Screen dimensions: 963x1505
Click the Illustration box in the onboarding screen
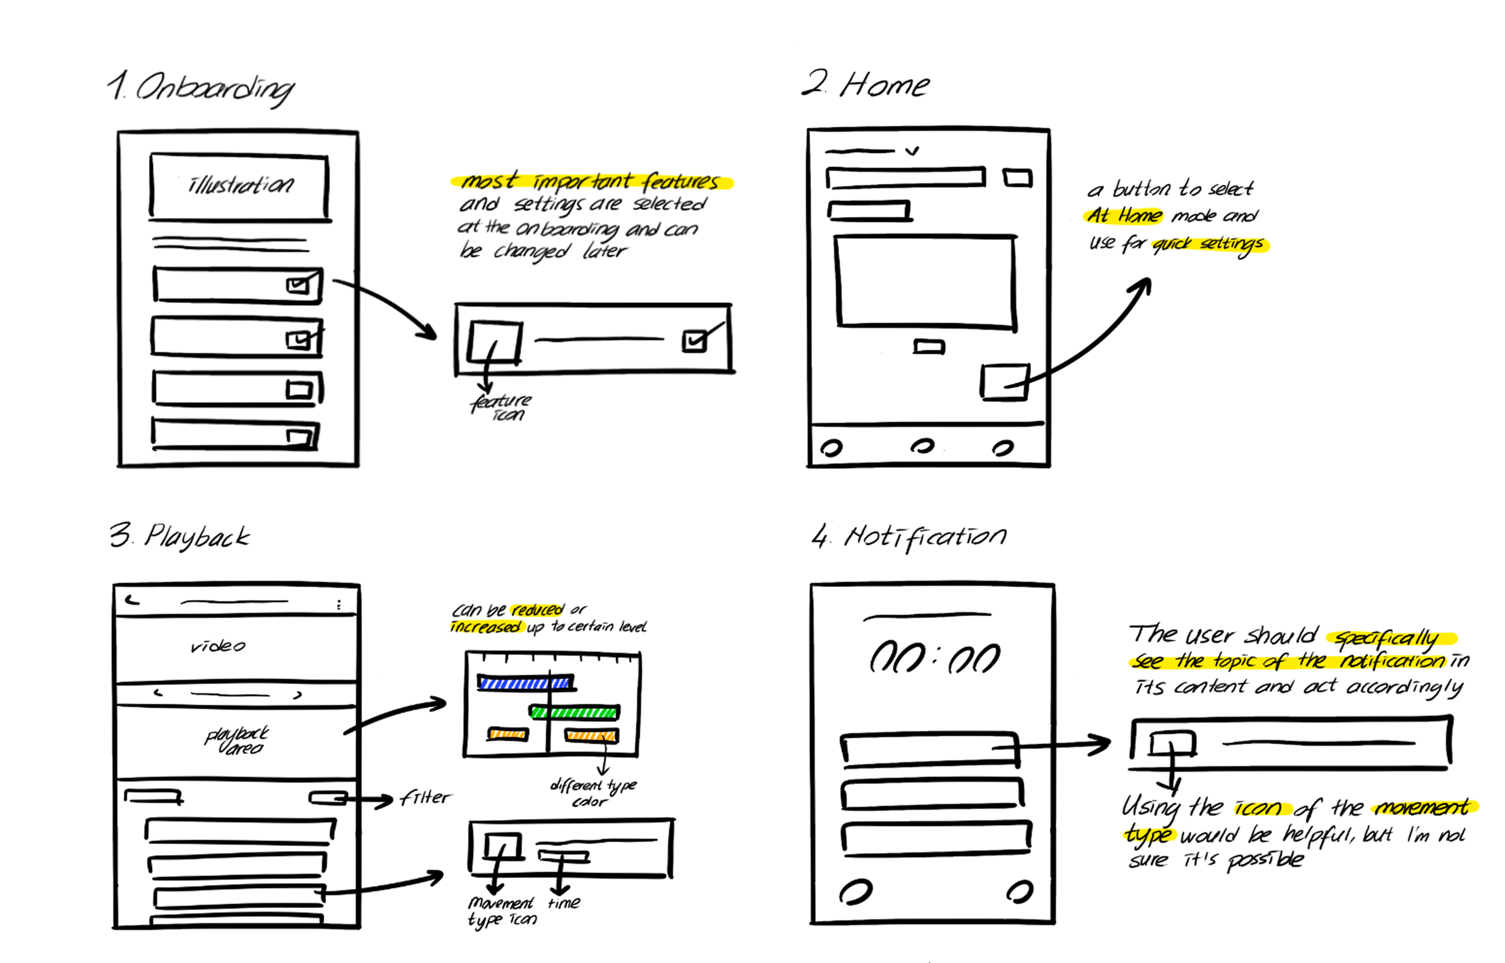pyautogui.click(x=240, y=186)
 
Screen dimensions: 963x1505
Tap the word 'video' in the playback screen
pyautogui.click(x=218, y=646)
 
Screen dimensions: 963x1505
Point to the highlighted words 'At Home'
pyautogui.click(x=1124, y=216)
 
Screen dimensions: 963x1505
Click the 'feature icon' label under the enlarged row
pyautogui.click(x=502, y=407)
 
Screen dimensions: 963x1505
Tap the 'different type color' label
pyautogui.click(x=593, y=793)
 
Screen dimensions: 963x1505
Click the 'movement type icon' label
pyautogui.click(x=502, y=911)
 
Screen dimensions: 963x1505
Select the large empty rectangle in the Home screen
pyautogui.click(x=926, y=281)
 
